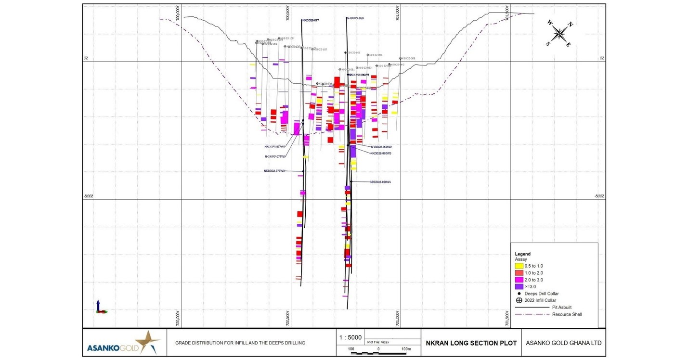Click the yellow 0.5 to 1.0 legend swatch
coord(519,266)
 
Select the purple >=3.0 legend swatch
coord(519,287)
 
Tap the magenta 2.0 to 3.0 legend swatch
coord(519,280)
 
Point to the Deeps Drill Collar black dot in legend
coord(519,294)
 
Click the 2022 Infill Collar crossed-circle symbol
coord(519,301)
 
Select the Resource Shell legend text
coord(567,315)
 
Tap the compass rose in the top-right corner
coord(559,33)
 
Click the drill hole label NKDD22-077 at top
coord(311,20)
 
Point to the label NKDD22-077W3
coord(274,171)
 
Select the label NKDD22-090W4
coord(380,182)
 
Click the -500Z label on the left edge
coord(88,196)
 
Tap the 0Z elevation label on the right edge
coord(601,58)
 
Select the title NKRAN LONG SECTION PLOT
coord(471,343)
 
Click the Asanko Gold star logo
coord(150,342)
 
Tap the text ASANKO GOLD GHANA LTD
coord(563,343)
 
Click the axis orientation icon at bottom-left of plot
coord(100,307)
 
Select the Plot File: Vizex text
coord(378,342)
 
